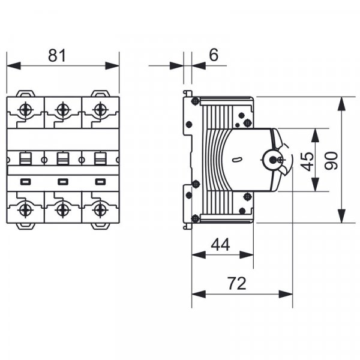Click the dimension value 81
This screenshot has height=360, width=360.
coord(57,56)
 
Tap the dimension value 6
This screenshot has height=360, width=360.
coord(214,55)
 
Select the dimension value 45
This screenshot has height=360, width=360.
coord(307,160)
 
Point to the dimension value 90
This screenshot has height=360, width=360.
coord(332,160)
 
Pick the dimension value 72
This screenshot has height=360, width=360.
coord(237,283)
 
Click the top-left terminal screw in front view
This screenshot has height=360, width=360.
coord(26,110)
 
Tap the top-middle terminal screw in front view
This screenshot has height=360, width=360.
coord(62,110)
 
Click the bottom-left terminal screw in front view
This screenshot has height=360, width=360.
coord(26,209)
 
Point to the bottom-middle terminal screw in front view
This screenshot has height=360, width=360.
coord(62,209)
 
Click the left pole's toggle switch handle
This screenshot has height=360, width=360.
coord(26,160)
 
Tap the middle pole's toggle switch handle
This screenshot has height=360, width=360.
coord(62,160)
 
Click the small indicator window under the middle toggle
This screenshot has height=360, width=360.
coord(62,181)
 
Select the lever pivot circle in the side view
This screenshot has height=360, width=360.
coord(275,160)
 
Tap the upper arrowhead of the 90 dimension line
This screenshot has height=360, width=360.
coord(341,103)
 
